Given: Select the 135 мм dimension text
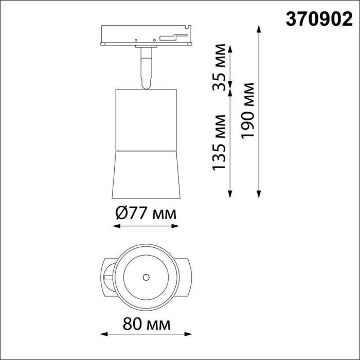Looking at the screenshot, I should coord(220,143).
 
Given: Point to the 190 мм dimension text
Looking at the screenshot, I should coord(249,110).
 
